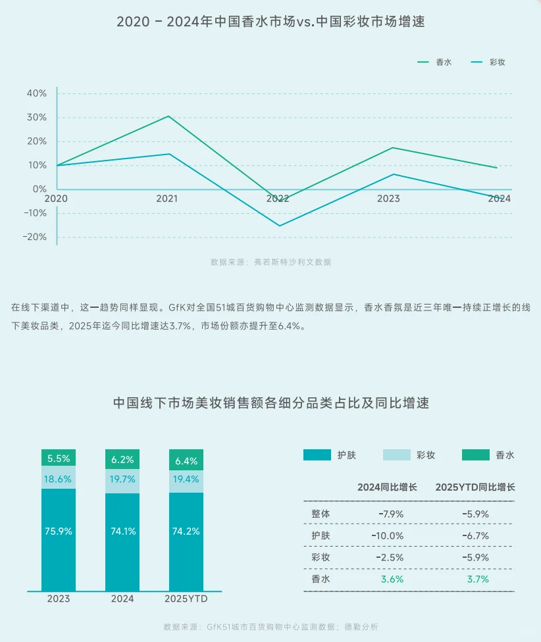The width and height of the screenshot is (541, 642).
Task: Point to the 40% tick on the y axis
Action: [x=36, y=94]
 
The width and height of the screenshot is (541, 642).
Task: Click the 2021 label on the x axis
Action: [x=167, y=198]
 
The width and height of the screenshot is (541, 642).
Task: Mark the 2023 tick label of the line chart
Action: [x=388, y=198]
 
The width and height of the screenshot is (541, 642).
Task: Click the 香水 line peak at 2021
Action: [x=168, y=116]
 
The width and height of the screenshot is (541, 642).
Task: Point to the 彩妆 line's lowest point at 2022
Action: [x=279, y=226]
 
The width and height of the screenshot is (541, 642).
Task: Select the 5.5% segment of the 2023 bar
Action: [x=59, y=459]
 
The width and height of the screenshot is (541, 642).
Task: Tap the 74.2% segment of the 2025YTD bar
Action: [x=186, y=531]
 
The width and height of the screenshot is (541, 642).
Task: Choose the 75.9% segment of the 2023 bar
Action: [x=59, y=531]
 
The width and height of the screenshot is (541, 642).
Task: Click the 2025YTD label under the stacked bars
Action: [x=186, y=599]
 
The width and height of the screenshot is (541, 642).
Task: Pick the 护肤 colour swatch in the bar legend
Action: [x=317, y=455]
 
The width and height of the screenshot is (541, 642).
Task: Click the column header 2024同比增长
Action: [x=387, y=487]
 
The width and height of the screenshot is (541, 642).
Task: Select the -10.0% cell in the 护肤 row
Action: [x=387, y=535]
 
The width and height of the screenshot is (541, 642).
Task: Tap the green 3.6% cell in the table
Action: [x=392, y=580]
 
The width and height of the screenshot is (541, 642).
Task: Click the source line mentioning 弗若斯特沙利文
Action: [x=270, y=262]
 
